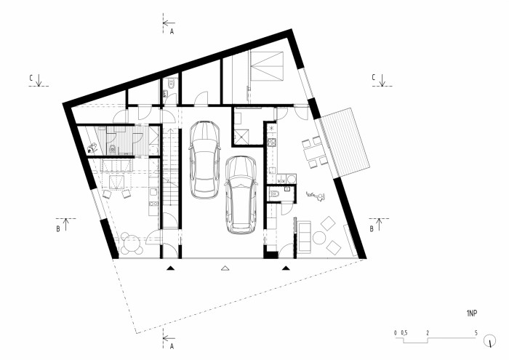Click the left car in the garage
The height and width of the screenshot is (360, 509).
(x=204, y=159)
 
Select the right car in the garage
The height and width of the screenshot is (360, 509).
(x=241, y=194)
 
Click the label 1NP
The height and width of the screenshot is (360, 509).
(x=471, y=313)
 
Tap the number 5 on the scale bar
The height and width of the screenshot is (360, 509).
(x=476, y=332)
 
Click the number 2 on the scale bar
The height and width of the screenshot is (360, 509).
(x=428, y=332)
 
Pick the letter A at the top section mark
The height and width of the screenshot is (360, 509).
(x=172, y=32)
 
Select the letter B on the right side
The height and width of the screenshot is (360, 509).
(x=372, y=228)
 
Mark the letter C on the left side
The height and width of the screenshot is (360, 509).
(x=31, y=76)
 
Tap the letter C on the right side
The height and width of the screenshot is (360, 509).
(x=372, y=76)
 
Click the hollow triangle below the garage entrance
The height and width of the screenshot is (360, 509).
(x=225, y=268)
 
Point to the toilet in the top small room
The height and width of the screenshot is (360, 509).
(x=169, y=87)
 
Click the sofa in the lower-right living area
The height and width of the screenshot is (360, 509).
(x=303, y=236)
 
